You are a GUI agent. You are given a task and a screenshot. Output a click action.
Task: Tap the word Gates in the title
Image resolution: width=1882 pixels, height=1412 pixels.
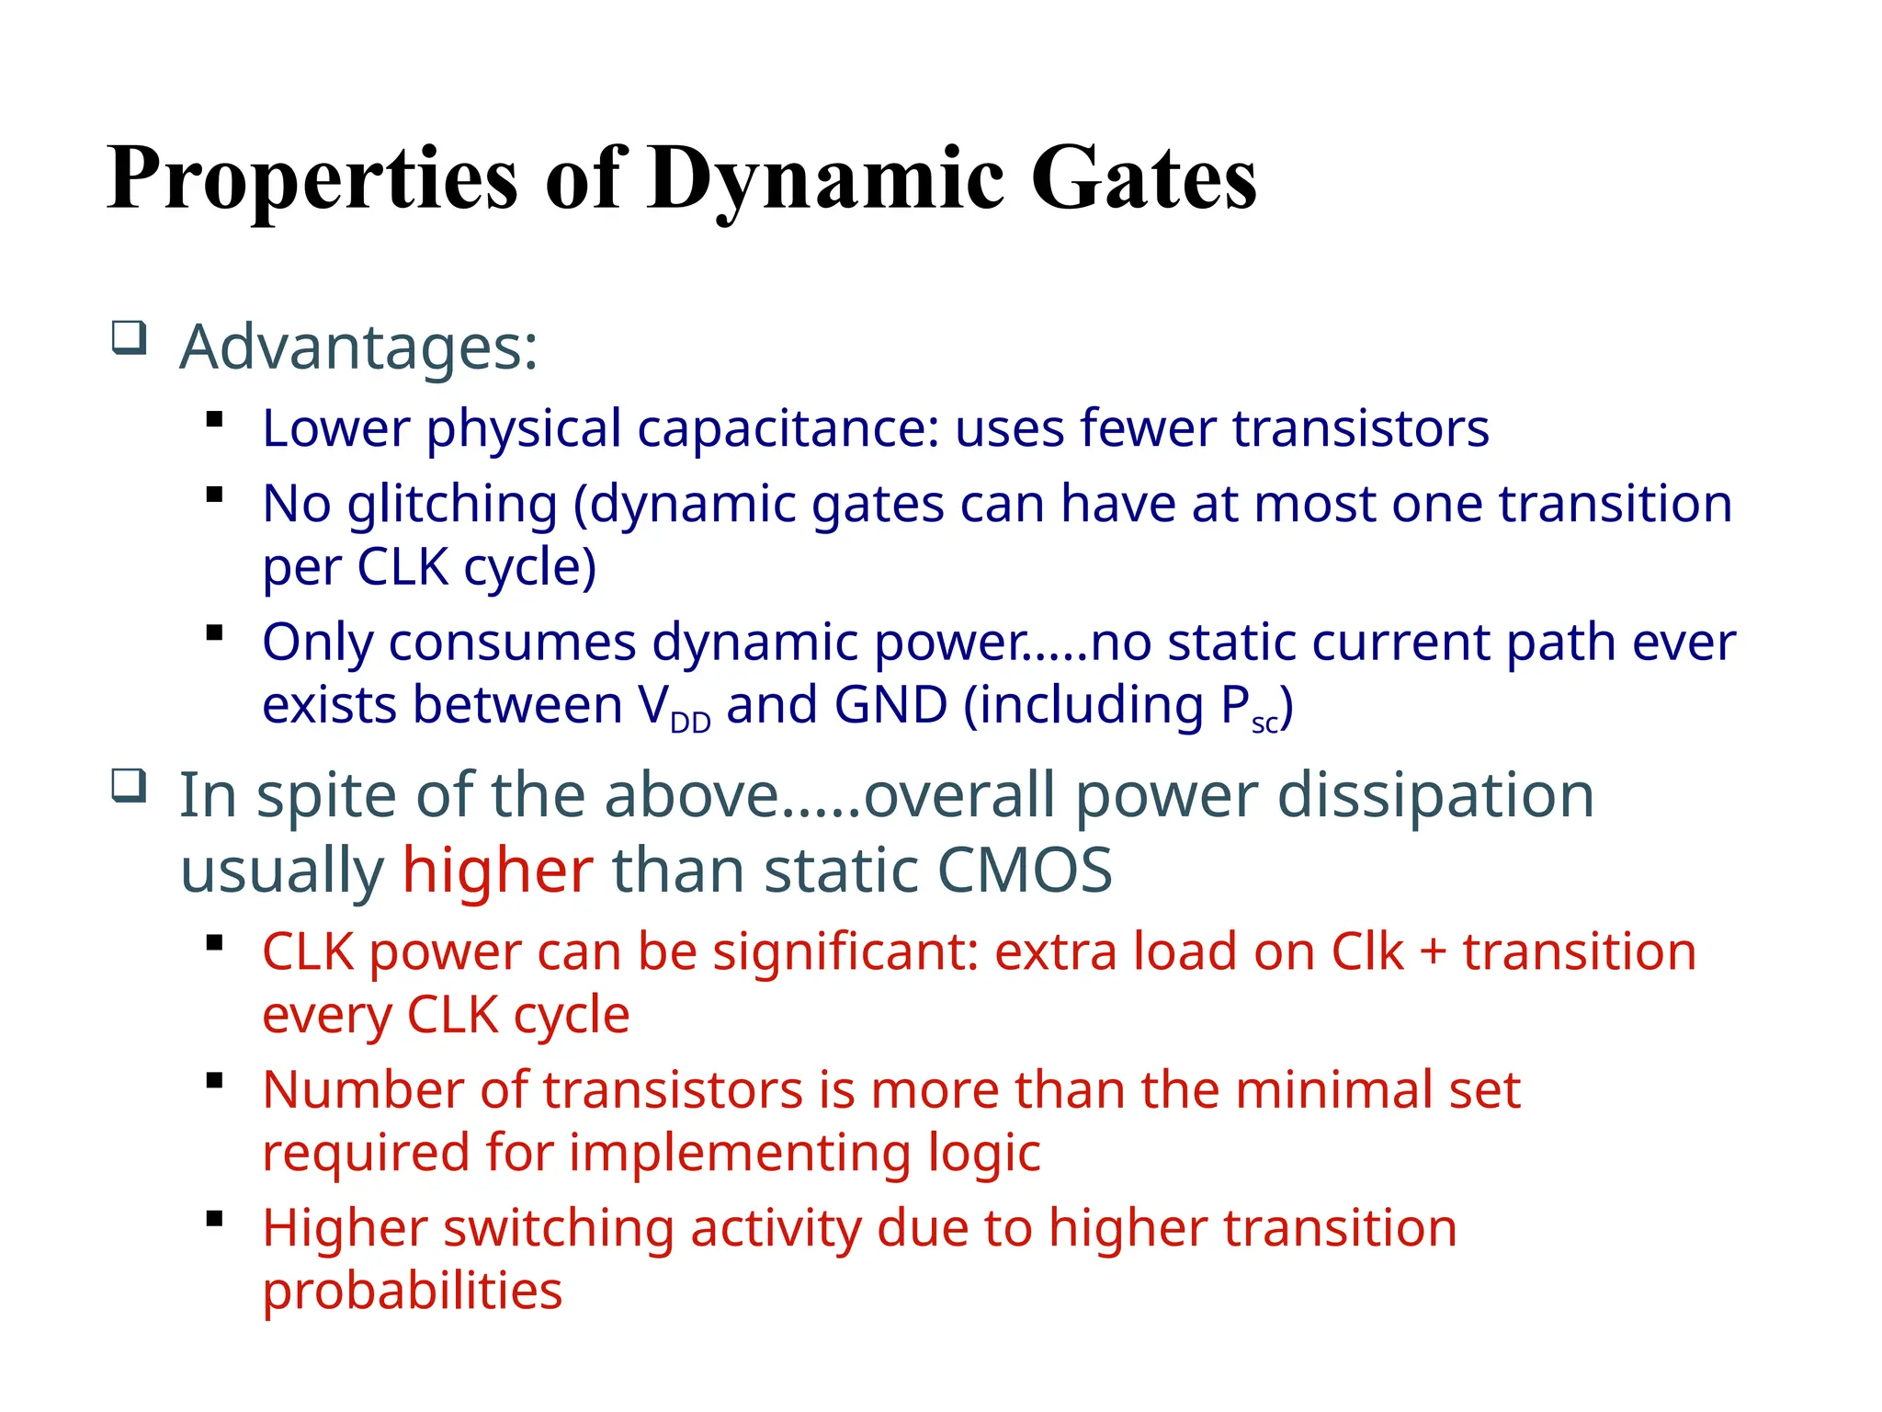pos(1143,178)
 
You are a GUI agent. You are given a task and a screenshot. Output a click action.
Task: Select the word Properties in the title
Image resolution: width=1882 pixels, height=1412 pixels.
pos(312,178)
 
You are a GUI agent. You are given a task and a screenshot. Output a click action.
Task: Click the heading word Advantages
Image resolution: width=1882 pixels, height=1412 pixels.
pos(358,347)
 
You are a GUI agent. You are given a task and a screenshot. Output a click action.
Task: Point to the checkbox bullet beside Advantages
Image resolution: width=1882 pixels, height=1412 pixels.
pos(129,337)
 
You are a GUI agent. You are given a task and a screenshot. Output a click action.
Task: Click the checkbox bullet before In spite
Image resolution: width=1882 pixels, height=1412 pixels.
pos(129,786)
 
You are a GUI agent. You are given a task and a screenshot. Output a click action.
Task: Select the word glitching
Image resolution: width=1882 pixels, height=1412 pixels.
pos(452,505)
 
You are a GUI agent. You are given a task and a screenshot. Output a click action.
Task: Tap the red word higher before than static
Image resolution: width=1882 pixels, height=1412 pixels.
pos(498,870)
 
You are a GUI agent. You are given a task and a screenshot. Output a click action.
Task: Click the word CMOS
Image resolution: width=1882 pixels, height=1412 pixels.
pos(1025,870)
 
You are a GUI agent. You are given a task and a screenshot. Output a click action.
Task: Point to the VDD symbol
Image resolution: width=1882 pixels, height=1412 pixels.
pos(675,708)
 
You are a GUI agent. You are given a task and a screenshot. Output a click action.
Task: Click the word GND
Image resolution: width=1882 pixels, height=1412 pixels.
pos(890,705)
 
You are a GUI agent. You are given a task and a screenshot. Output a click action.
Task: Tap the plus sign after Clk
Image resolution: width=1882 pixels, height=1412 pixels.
pos(1433,951)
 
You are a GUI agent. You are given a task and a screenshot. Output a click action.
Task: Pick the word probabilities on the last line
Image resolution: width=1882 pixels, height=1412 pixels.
pos(412,1291)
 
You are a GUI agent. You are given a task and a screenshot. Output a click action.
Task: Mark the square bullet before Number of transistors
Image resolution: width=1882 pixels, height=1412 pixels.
pos(215,1081)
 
